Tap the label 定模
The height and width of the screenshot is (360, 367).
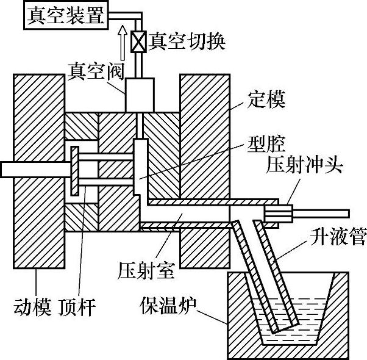[x=267, y=97]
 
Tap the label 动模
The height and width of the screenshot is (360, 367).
[x=30, y=303]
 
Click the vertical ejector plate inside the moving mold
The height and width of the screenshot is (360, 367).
[x=74, y=170]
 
